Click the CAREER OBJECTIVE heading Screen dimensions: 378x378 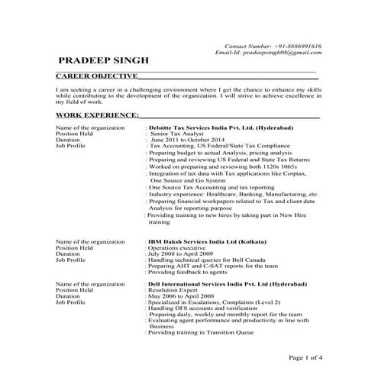coord(97,76)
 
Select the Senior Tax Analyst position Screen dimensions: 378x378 coord(183,134)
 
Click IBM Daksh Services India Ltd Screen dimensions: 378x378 coord(202,241)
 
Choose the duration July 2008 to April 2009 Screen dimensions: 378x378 coord(184,254)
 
